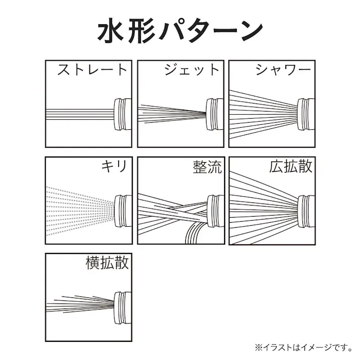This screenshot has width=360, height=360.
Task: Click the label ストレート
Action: point(92,69)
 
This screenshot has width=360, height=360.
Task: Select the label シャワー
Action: point(283,69)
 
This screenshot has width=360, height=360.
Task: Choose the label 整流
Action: point(207,167)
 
